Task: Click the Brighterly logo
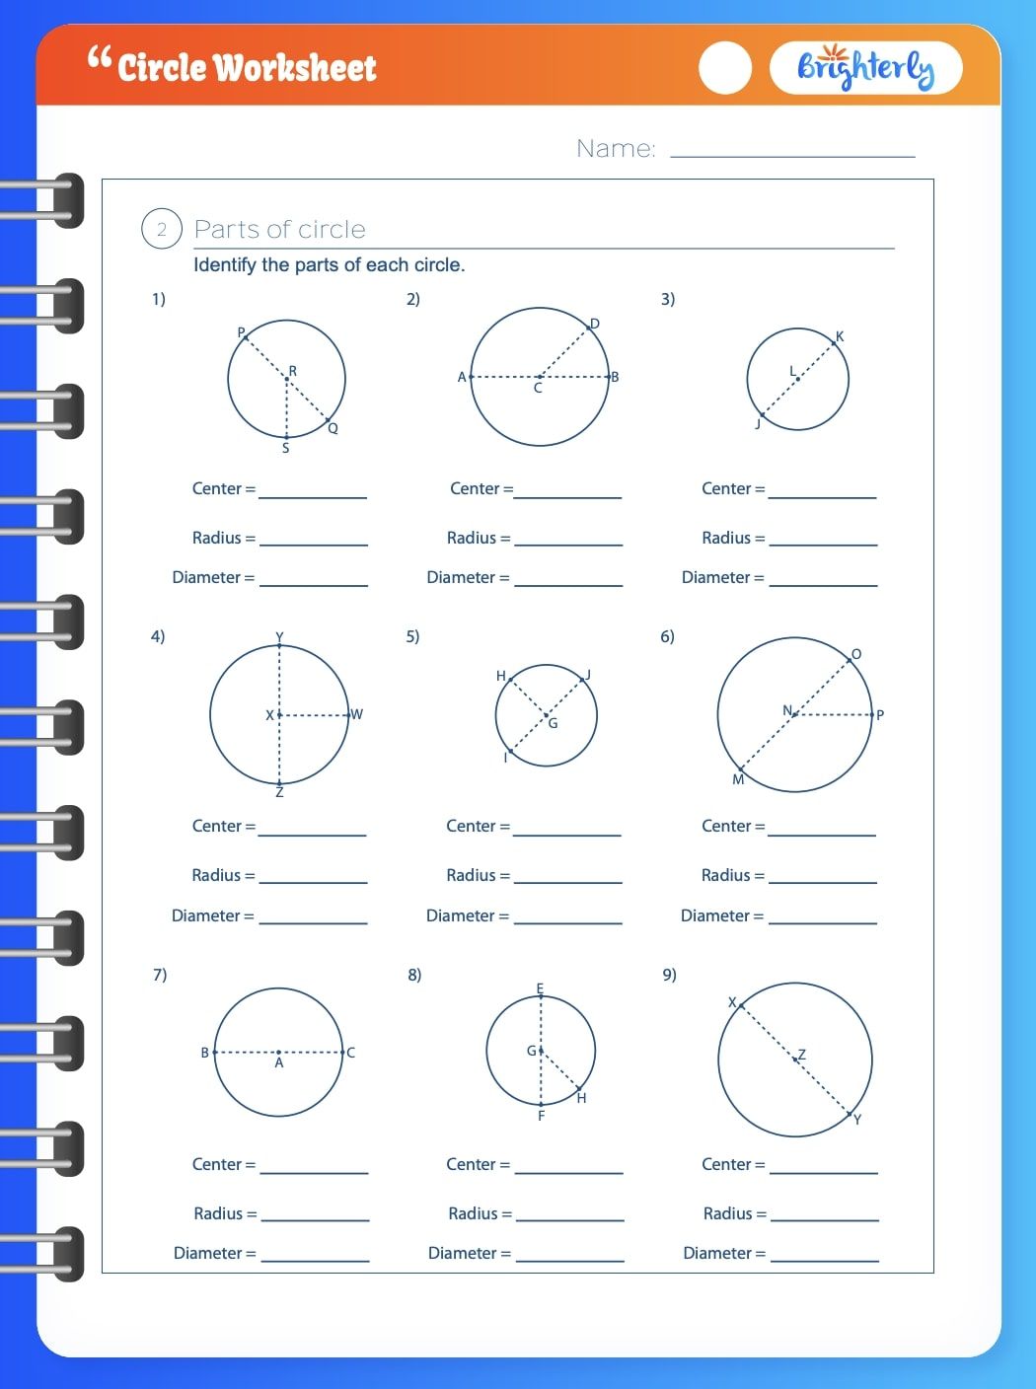864,68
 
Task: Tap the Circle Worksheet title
246,68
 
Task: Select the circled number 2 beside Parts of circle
162,229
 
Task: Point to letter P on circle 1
241,332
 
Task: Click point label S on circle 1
286,448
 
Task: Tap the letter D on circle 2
595,324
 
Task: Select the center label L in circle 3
792,371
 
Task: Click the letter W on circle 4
357,714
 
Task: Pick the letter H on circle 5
501,676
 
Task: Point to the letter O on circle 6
855,654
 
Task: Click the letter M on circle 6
738,779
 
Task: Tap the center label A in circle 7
279,1063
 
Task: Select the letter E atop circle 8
540,988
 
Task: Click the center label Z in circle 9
802,1055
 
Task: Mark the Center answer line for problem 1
313,492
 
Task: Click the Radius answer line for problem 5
568,878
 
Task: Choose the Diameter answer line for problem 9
824,1256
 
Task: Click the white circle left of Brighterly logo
725,68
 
